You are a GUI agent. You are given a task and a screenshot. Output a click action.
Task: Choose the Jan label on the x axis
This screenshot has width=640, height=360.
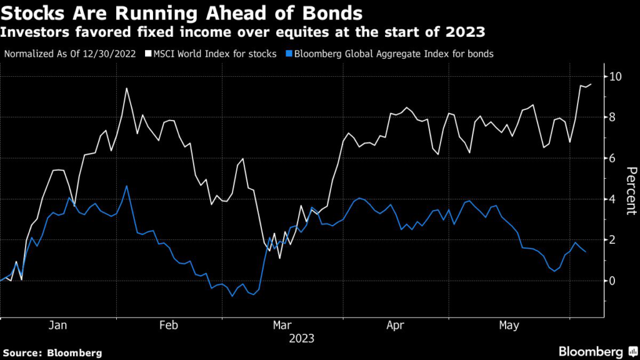click(x=57, y=325)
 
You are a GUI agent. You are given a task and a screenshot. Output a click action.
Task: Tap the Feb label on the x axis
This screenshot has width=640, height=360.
click(x=169, y=325)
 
